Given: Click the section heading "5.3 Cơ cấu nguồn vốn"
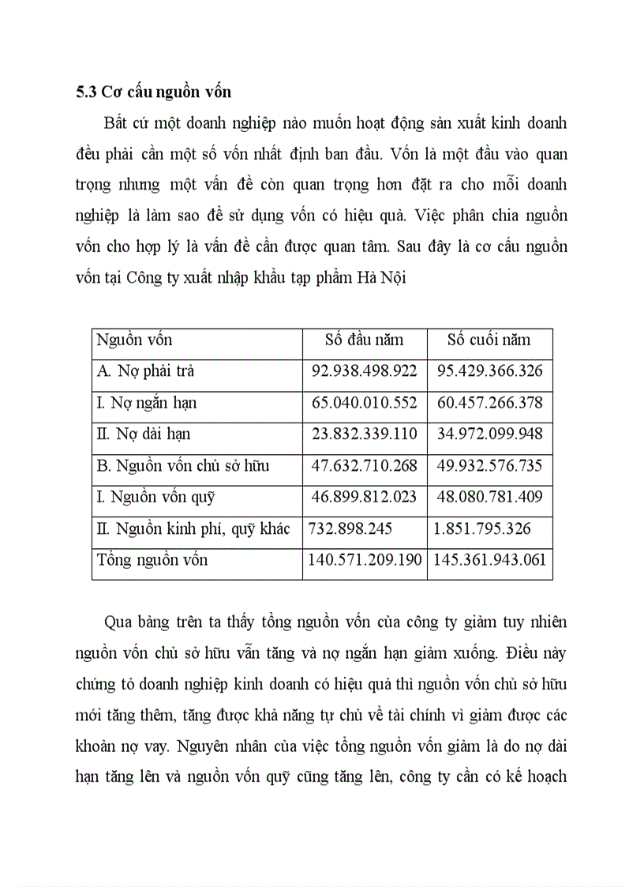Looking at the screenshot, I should (154, 92).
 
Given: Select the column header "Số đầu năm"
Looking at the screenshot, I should (364, 340).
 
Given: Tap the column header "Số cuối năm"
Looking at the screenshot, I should (489, 340).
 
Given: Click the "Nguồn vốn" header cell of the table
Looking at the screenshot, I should (134, 340).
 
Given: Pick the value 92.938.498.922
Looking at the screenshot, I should (364, 371).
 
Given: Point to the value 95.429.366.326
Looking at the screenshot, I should (489, 371).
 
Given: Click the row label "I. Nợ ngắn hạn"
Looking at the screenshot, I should (147, 403).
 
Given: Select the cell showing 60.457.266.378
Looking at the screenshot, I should (489, 403).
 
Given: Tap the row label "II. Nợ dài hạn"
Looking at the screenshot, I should (144, 434).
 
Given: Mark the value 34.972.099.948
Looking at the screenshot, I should (489, 434).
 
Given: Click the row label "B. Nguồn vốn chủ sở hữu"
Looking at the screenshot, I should (183, 466).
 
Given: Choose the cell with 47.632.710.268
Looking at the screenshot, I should (364, 466).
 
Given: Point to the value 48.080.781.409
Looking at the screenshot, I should (489, 498).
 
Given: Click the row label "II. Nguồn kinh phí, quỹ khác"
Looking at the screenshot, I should (193, 528).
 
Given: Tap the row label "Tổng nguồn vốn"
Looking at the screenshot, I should (152, 560).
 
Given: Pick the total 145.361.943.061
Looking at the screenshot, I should (489, 560).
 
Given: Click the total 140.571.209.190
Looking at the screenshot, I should (364, 560).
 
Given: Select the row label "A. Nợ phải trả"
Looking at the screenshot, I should (145, 371).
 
